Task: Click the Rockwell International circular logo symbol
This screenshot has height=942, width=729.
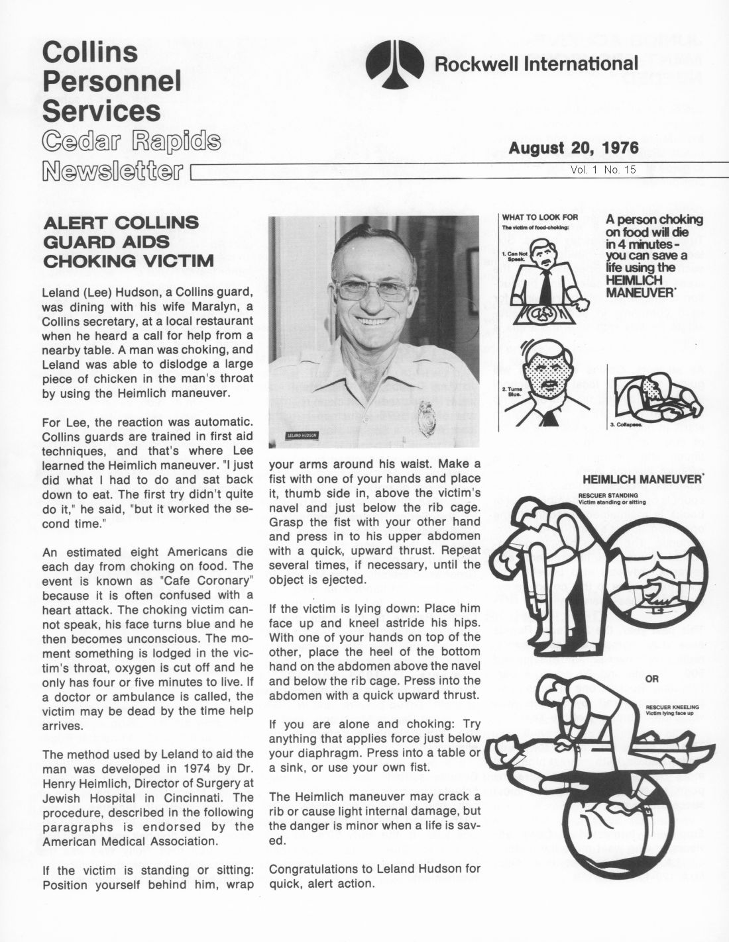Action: pos(396,65)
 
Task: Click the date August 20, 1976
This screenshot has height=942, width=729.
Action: pos(573,147)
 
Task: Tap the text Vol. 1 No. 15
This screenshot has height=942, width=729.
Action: pos(602,169)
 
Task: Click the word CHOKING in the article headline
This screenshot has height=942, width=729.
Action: pos(82,261)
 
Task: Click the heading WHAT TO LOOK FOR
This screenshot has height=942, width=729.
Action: pos(540,217)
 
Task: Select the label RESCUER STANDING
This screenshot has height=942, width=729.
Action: pos(608,495)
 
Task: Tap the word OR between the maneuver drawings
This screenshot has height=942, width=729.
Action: pos(652,679)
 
